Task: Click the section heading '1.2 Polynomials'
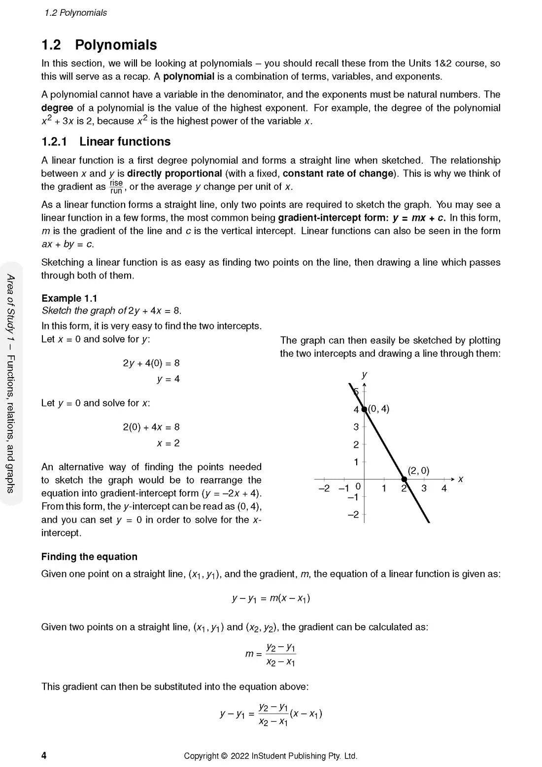[99, 45]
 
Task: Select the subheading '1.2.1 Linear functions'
[106, 141]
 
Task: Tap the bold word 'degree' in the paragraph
[57, 108]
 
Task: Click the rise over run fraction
[116, 187]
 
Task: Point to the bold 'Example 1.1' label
[69, 298]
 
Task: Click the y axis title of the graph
[364, 375]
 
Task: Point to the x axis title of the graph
[461, 479]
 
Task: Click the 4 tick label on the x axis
[444, 488]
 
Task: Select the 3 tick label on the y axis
[356, 427]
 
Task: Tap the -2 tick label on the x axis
[324, 488]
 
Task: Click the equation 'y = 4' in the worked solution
[168, 379]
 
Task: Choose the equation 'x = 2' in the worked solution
[168, 443]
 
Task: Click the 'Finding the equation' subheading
[89, 557]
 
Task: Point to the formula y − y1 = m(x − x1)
[271, 599]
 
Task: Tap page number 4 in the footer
[44, 756]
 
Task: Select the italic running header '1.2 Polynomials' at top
[75, 13]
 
